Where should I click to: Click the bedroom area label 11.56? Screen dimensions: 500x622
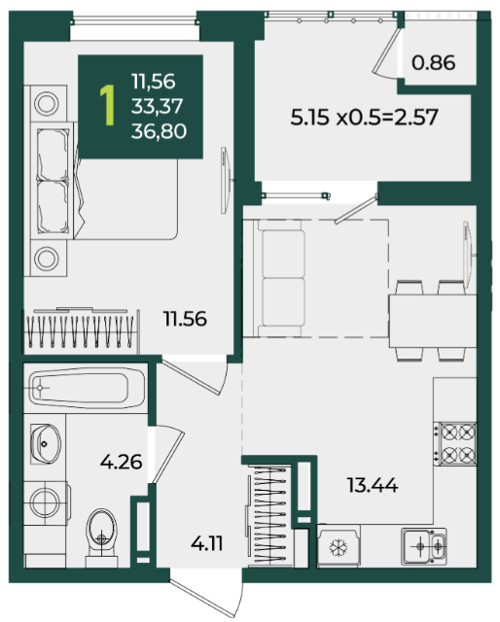tap(185, 319)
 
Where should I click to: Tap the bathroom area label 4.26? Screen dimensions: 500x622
tap(122, 462)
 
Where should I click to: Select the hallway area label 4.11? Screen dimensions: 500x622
tap(206, 543)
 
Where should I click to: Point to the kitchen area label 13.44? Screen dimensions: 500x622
tap(373, 485)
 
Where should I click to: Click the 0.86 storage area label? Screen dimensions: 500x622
tap(433, 62)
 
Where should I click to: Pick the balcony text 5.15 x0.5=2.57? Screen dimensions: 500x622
tap(364, 118)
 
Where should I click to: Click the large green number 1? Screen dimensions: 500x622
tap(107, 106)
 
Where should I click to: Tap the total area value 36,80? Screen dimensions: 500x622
tap(159, 131)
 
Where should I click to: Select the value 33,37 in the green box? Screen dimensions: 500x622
tap(158, 106)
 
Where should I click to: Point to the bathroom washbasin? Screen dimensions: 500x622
tap(46, 444)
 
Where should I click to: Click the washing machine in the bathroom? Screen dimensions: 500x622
tap(46, 503)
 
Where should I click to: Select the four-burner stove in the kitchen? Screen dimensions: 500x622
tap(455, 443)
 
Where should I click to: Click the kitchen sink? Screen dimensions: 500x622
tap(424, 546)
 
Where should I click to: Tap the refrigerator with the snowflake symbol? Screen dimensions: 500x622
tap(339, 546)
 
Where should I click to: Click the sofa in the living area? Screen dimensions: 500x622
tap(279, 278)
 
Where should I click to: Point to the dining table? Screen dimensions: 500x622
tap(432, 322)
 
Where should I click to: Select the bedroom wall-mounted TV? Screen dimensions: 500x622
tap(226, 181)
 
